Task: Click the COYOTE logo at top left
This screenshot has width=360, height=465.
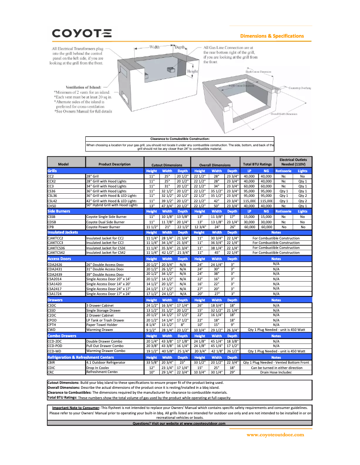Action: tap(82, 33)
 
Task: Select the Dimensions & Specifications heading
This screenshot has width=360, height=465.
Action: tap(272, 36)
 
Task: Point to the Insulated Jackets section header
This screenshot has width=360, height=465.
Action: tap(62, 232)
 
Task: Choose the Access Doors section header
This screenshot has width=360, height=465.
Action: tap(59, 259)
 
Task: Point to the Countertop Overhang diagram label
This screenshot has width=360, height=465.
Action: tap(300, 88)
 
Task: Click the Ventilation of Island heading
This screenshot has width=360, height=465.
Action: tap(83, 87)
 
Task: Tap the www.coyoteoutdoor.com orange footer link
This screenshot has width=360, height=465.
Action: tap(275, 434)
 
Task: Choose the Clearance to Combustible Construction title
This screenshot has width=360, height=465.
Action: tap(180, 139)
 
